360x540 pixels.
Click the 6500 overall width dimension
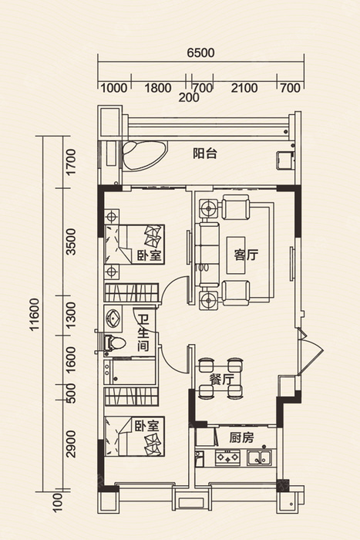tap(200, 52)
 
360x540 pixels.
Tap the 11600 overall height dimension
tap(35, 315)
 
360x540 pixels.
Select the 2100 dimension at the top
tap(244, 88)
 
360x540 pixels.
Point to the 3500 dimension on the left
tap(71, 241)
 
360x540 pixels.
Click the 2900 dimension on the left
tap(71, 444)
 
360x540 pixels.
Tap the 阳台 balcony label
tap(205, 154)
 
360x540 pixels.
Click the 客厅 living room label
tap(246, 255)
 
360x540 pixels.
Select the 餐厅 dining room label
tap(222, 380)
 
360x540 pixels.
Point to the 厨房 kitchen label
tap(241, 437)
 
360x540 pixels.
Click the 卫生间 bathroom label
tap(143, 333)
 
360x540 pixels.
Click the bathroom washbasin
tap(113, 318)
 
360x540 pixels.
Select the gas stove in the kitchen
tap(227, 457)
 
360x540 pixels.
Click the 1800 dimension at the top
tap(157, 88)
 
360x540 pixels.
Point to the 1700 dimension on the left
tap(71, 162)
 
